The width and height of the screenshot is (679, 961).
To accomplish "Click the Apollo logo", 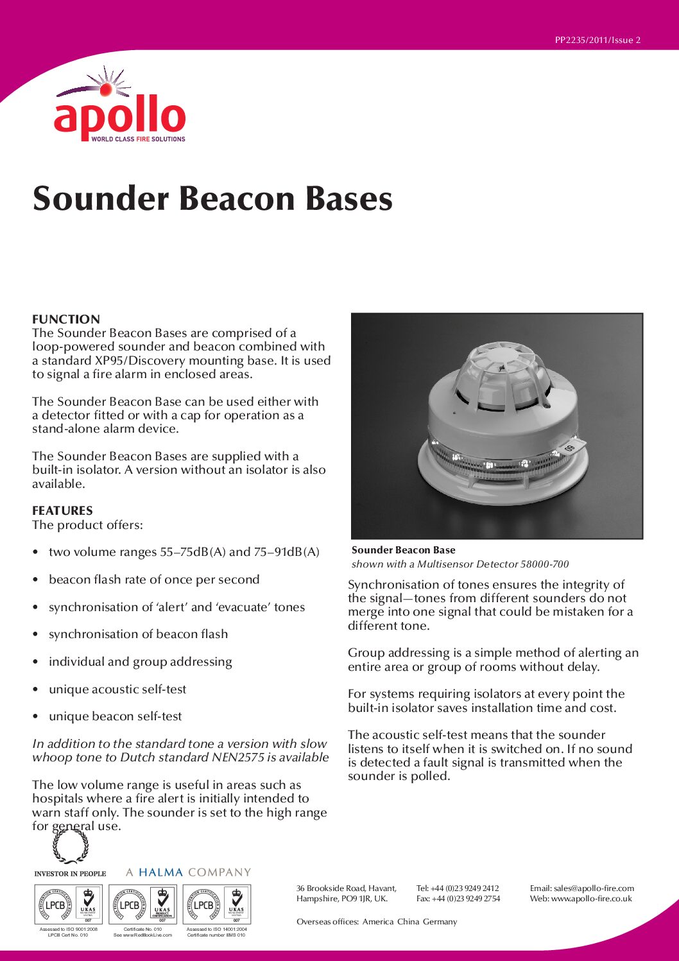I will [120, 109].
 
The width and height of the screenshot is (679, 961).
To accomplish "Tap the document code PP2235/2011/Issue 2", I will [597, 40].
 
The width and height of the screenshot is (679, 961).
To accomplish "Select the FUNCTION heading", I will [66, 319].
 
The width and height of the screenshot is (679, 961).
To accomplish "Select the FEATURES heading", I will [62, 510].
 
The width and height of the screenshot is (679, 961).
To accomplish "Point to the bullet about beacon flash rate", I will [154, 579].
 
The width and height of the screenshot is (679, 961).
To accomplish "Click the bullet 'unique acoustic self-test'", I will [117, 689].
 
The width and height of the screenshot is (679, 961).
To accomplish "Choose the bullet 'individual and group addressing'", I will [140, 661].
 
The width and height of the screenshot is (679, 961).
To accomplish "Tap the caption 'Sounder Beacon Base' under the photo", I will [403, 550].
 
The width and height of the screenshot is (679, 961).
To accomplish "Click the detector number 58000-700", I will [544, 564].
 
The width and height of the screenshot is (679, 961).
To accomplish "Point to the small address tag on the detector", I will [570, 447].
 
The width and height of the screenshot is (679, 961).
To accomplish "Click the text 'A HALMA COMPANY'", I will [188, 872].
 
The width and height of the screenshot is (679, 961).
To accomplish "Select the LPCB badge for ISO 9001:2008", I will [69, 905].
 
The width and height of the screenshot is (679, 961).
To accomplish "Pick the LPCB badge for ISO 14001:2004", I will [217, 905].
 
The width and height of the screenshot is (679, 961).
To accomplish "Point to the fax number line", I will [458, 899].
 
